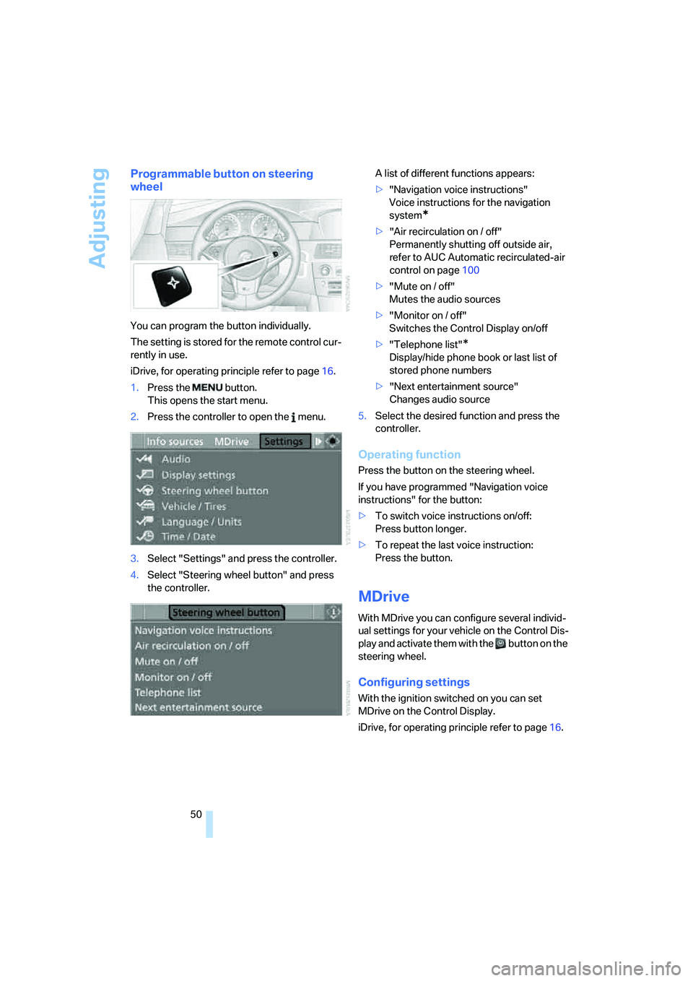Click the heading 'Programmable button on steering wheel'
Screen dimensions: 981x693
point(221,180)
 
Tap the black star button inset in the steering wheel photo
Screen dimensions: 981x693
point(173,283)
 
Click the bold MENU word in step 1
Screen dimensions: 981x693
point(207,388)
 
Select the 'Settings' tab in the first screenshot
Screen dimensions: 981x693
point(284,441)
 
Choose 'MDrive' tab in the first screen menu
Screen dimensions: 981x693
point(231,441)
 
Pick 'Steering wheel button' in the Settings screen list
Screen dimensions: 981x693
point(214,490)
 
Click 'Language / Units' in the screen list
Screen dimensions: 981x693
point(201,522)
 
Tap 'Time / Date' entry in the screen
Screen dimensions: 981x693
point(188,537)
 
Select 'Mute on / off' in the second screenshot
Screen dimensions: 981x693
point(166,662)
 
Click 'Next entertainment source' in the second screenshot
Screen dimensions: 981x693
point(199,708)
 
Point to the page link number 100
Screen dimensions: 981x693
point(471,270)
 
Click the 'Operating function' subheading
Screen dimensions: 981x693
point(409,454)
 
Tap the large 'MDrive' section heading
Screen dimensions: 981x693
point(383,597)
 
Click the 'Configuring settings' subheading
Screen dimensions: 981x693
point(414,682)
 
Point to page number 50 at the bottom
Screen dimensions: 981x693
point(196,814)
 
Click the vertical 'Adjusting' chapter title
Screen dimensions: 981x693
point(98,218)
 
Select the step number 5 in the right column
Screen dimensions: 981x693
point(362,416)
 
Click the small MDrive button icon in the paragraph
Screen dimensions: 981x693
point(500,644)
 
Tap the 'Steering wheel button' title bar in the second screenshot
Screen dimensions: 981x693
point(226,613)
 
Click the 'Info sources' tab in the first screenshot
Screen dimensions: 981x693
point(175,441)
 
